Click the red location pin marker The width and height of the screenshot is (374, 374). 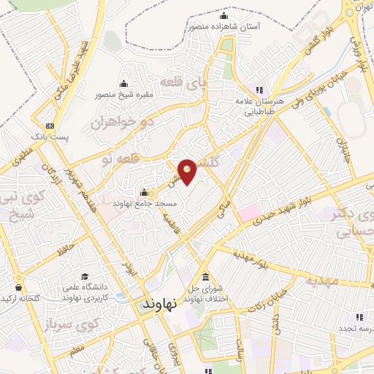click(x=188, y=171)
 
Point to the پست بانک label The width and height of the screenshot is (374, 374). click(x=50, y=136)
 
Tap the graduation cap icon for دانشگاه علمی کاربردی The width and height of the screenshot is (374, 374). click(x=85, y=277)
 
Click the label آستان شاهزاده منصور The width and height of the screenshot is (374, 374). click(x=224, y=26)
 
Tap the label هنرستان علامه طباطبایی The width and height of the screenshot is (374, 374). click(x=256, y=107)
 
